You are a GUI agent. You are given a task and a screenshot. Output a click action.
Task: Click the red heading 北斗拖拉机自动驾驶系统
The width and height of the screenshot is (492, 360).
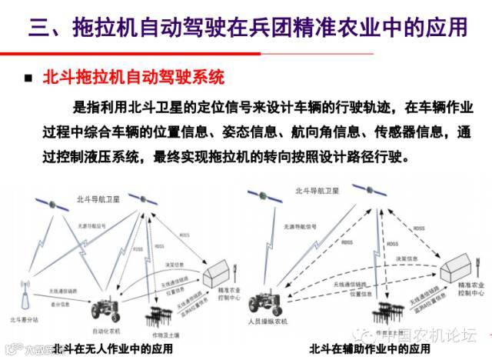(x=135, y=78)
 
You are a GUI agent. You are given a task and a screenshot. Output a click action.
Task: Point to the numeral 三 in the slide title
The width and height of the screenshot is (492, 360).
(x=36, y=28)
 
